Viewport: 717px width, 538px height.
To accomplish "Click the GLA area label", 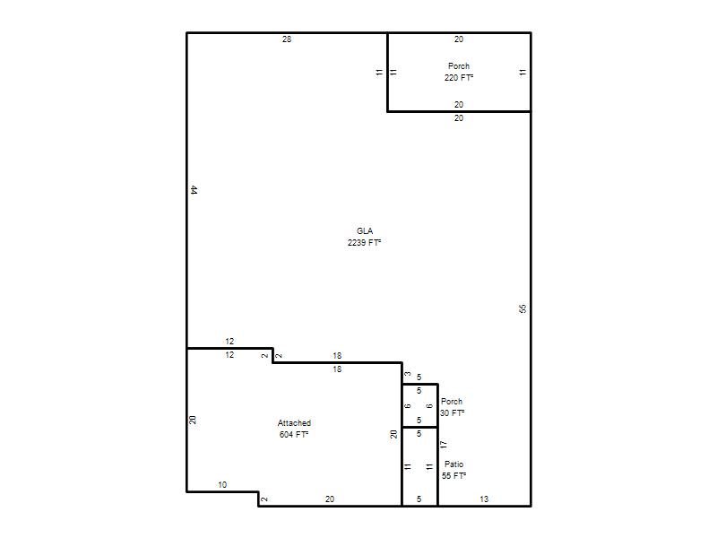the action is pos(365,231).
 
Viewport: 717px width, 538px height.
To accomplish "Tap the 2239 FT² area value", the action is pos(365,242).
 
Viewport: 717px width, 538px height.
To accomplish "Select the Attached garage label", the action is pos(294,423).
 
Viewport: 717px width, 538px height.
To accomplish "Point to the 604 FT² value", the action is pos(294,435).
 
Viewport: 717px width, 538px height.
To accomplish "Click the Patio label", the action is pos(454,464).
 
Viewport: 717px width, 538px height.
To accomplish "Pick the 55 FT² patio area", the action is pos(454,476).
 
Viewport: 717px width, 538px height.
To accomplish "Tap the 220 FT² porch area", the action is pos(459,78).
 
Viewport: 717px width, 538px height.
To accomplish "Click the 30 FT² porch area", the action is pos(453,413).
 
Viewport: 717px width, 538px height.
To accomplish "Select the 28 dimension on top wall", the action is pos(287,39).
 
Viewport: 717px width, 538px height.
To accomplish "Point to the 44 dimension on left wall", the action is pos(194,190).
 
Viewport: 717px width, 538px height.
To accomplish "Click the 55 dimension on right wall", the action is pos(523,308).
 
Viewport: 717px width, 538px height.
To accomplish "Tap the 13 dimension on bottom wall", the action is pos(484,499).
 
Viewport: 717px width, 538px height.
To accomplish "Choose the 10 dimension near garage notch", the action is pos(222,485).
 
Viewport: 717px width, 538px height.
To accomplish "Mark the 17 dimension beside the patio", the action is pos(443,444).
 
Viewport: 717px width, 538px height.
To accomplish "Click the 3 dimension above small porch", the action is pos(408,374).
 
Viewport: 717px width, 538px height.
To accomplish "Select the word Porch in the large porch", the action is pos(459,65).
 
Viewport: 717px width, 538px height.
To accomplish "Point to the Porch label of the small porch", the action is pos(452,401).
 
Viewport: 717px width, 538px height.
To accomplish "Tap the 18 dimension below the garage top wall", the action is pos(337,369).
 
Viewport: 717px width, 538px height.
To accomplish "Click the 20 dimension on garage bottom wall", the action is pos(330,499).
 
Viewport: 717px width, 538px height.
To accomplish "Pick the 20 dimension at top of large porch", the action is pos(459,39).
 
